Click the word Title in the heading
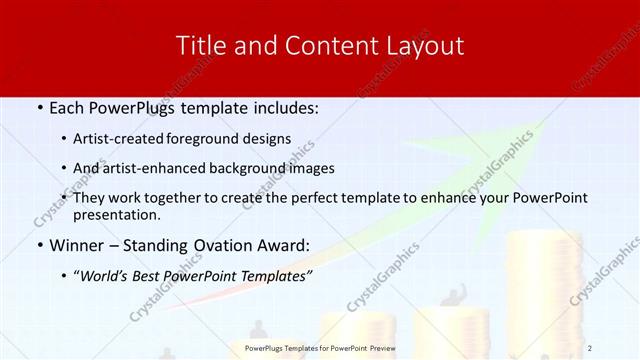198,45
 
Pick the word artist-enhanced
164,168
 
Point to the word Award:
283,245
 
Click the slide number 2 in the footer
590,348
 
